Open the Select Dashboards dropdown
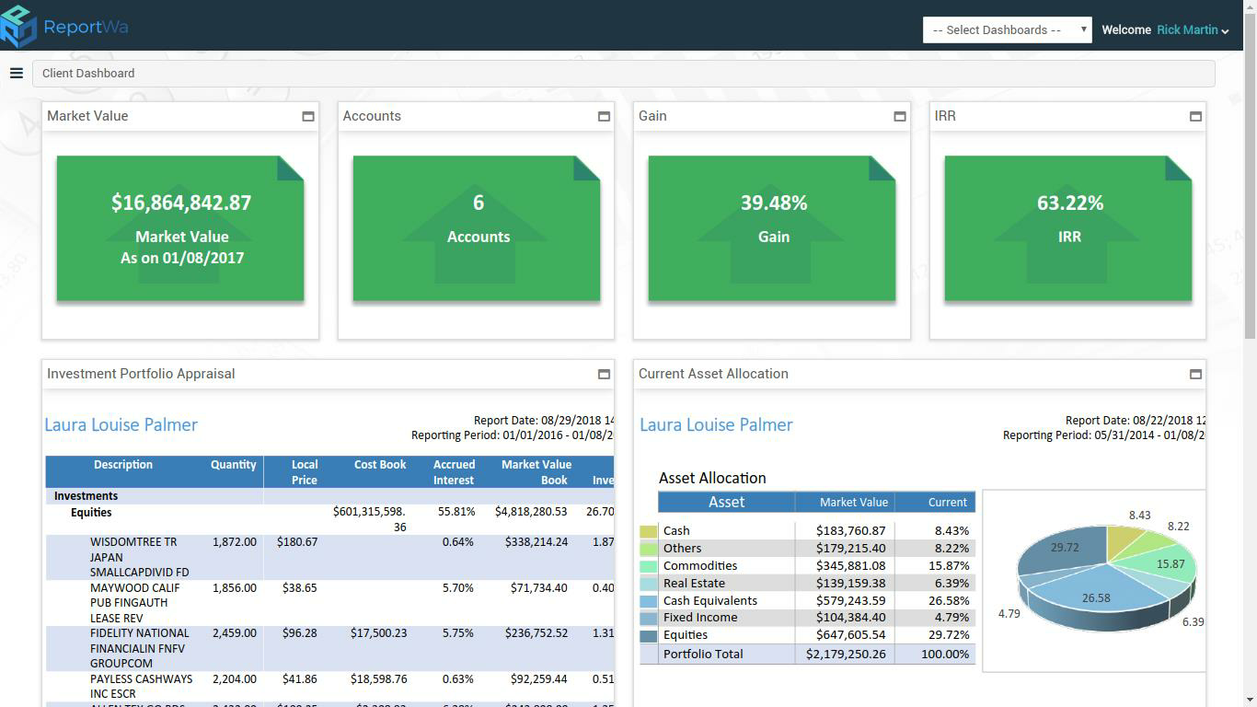(x=1007, y=29)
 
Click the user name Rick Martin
(x=1187, y=29)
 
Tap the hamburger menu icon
(x=17, y=73)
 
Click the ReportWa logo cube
(x=18, y=26)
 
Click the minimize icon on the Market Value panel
(x=308, y=116)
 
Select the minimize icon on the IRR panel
(x=1195, y=116)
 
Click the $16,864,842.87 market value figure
(x=181, y=203)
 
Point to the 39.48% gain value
(x=773, y=203)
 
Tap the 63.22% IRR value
(x=1069, y=203)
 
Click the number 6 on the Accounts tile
(x=478, y=203)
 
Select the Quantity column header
(x=233, y=465)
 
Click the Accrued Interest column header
(x=454, y=472)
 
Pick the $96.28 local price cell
(x=296, y=633)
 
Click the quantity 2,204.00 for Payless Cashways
(x=234, y=679)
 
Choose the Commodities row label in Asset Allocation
(x=699, y=565)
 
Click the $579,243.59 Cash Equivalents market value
(x=850, y=600)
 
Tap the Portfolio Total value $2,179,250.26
(x=845, y=654)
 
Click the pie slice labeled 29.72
(x=1058, y=552)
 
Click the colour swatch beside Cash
(x=649, y=531)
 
